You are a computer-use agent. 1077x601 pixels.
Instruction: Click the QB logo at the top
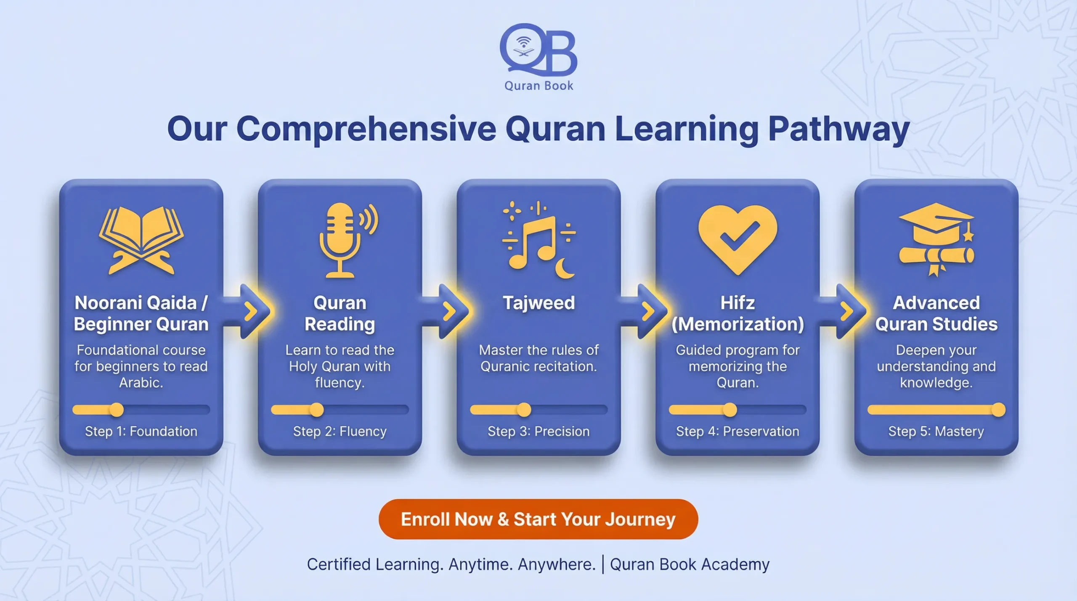[x=538, y=50]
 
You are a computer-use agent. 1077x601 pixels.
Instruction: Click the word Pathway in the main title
[x=838, y=128]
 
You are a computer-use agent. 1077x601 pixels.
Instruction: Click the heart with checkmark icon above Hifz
[x=737, y=238]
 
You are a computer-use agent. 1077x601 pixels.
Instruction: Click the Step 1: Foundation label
[x=141, y=431]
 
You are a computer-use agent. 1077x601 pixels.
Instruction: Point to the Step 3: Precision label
[x=538, y=431]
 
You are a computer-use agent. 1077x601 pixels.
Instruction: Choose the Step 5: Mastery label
[x=936, y=431]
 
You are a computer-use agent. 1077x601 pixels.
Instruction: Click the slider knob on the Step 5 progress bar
[x=998, y=410]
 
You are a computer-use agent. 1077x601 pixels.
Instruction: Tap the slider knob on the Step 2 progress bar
[x=317, y=410]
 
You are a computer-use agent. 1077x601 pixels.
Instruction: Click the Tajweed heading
[x=538, y=303]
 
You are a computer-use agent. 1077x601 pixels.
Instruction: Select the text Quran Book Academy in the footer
[x=690, y=564]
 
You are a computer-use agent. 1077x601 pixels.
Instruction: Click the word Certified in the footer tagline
[x=339, y=564]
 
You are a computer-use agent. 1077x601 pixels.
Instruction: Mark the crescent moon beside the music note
[x=565, y=269]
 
